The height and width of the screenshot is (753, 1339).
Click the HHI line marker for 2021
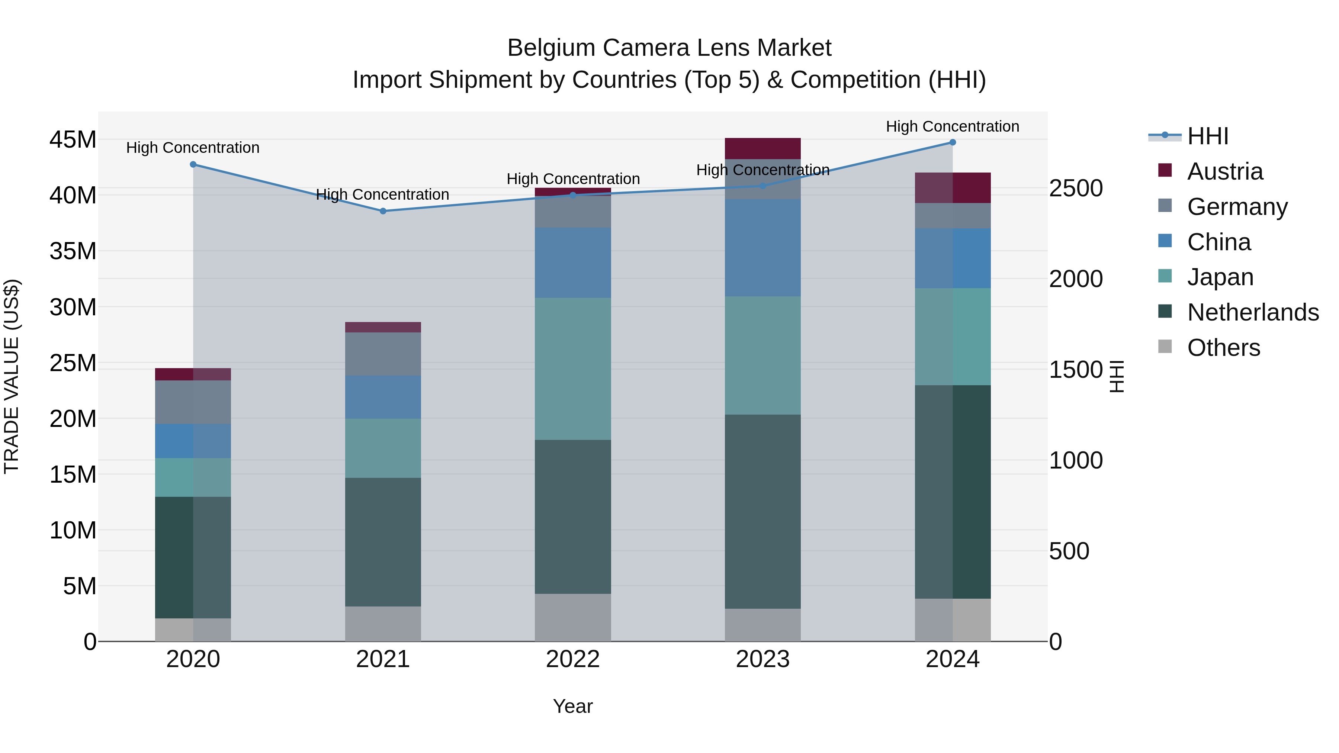[383, 211]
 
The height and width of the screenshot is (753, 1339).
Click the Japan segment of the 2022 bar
[573, 369]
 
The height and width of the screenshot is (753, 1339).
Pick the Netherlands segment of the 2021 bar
[383, 542]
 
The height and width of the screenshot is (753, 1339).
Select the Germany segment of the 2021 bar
[383, 354]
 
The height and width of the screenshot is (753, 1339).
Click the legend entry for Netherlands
[1253, 312]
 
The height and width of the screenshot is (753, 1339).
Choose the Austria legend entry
[1225, 171]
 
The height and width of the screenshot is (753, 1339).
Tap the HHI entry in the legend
[1207, 136]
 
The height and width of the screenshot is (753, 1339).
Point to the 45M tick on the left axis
[73, 140]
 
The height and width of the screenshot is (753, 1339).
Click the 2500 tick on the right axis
[1075, 188]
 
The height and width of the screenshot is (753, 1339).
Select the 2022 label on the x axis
[573, 659]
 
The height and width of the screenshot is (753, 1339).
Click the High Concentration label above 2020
[193, 148]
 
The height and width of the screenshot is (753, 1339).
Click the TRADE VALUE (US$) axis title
[12, 376]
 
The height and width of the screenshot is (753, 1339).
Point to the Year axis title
[573, 706]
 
